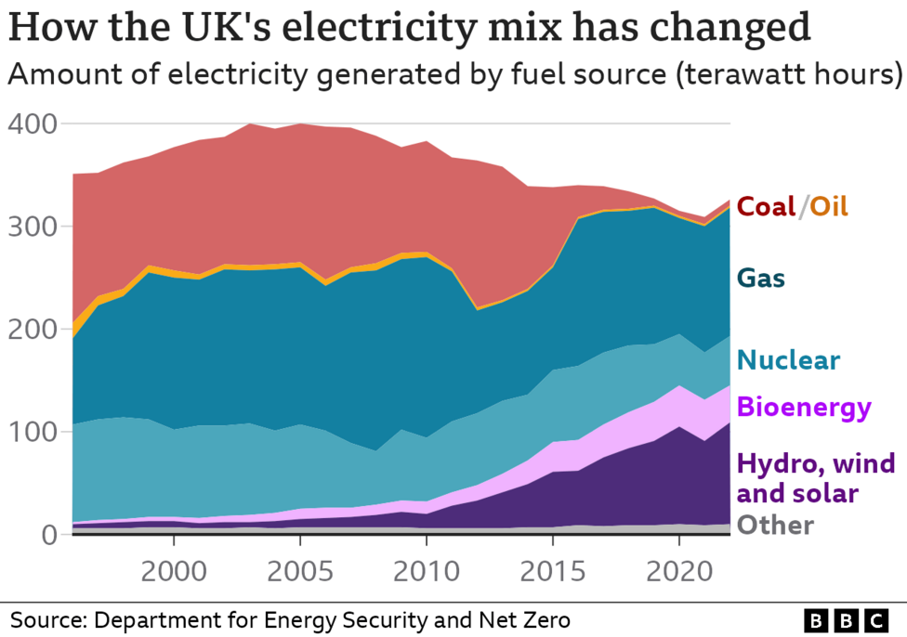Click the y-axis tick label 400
pyautogui.click(x=33, y=123)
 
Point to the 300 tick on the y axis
pyautogui.click(x=33, y=227)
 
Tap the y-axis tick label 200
pyautogui.click(x=33, y=330)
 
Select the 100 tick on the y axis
pyautogui.click(x=33, y=433)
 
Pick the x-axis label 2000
pyautogui.click(x=173, y=569)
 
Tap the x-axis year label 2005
pyautogui.click(x=299, y=569)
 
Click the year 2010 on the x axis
pyautogui.click(x=426, y=569)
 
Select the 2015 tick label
pyautogui.click(x=553, y=569)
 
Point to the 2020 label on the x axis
pyautogui.click(x=679, y=569)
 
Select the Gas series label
pyautogui.click(x=761, y=278)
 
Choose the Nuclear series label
pyautogui.click(x=789, y=360)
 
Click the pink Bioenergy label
pyautogui.click(x=804, y=407)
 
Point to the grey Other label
pyautogui.click(x=775, y=526)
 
